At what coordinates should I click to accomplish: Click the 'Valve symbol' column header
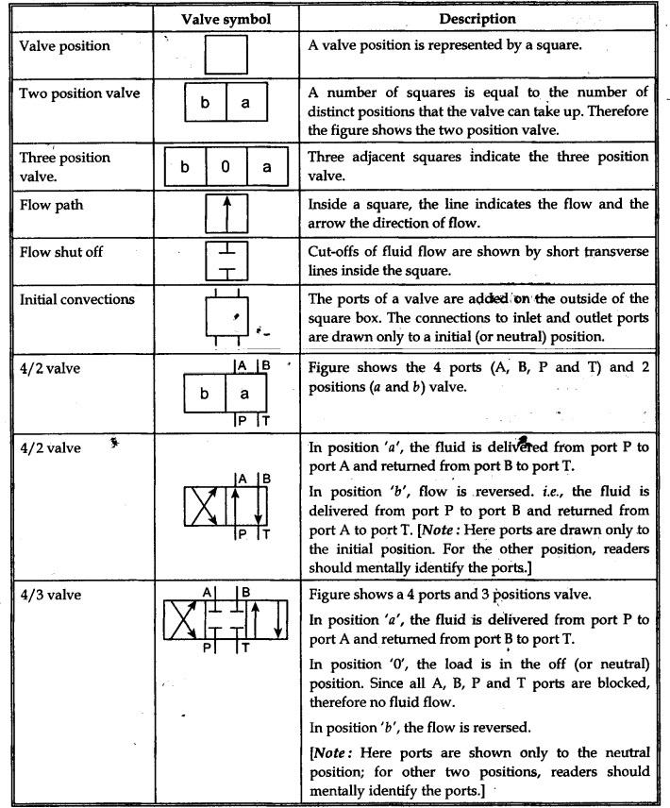click(226, 19)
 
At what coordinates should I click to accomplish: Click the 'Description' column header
click(477, 19)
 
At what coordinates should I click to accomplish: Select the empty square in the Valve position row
click(226, 54)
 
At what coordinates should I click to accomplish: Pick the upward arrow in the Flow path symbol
click(226, 213)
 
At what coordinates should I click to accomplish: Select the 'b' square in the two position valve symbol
click(205, 103)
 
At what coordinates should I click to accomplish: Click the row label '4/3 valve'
click(48, 596)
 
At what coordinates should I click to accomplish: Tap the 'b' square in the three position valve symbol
click(185, 167)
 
